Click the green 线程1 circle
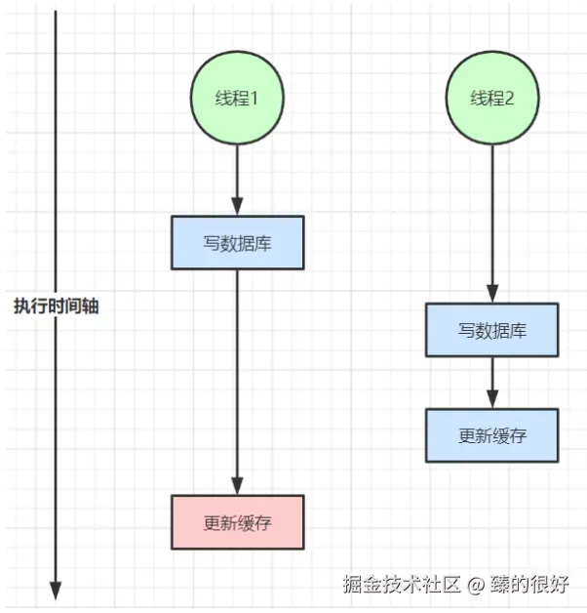[x=237, y=98]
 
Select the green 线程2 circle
[x=492, y=98]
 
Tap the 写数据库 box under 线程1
[x=237, y=242]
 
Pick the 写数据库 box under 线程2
[x=492, y=329]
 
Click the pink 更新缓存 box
[x=237, y=522]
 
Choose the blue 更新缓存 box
[x=492, y=435]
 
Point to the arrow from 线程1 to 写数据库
[x=237, y=176]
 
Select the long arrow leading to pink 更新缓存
[x=237, y=381]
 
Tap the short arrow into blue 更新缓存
[x=492, y=382]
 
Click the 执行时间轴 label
[x=56, y=306]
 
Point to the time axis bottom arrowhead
[x=56, y=591]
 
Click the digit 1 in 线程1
[x=254, y=98]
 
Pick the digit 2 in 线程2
[x=509, y=98]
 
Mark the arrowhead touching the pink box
[x=237, y=486]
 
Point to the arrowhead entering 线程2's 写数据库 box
[x=492, y=294]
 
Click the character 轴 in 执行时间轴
[x=91, y=306]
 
